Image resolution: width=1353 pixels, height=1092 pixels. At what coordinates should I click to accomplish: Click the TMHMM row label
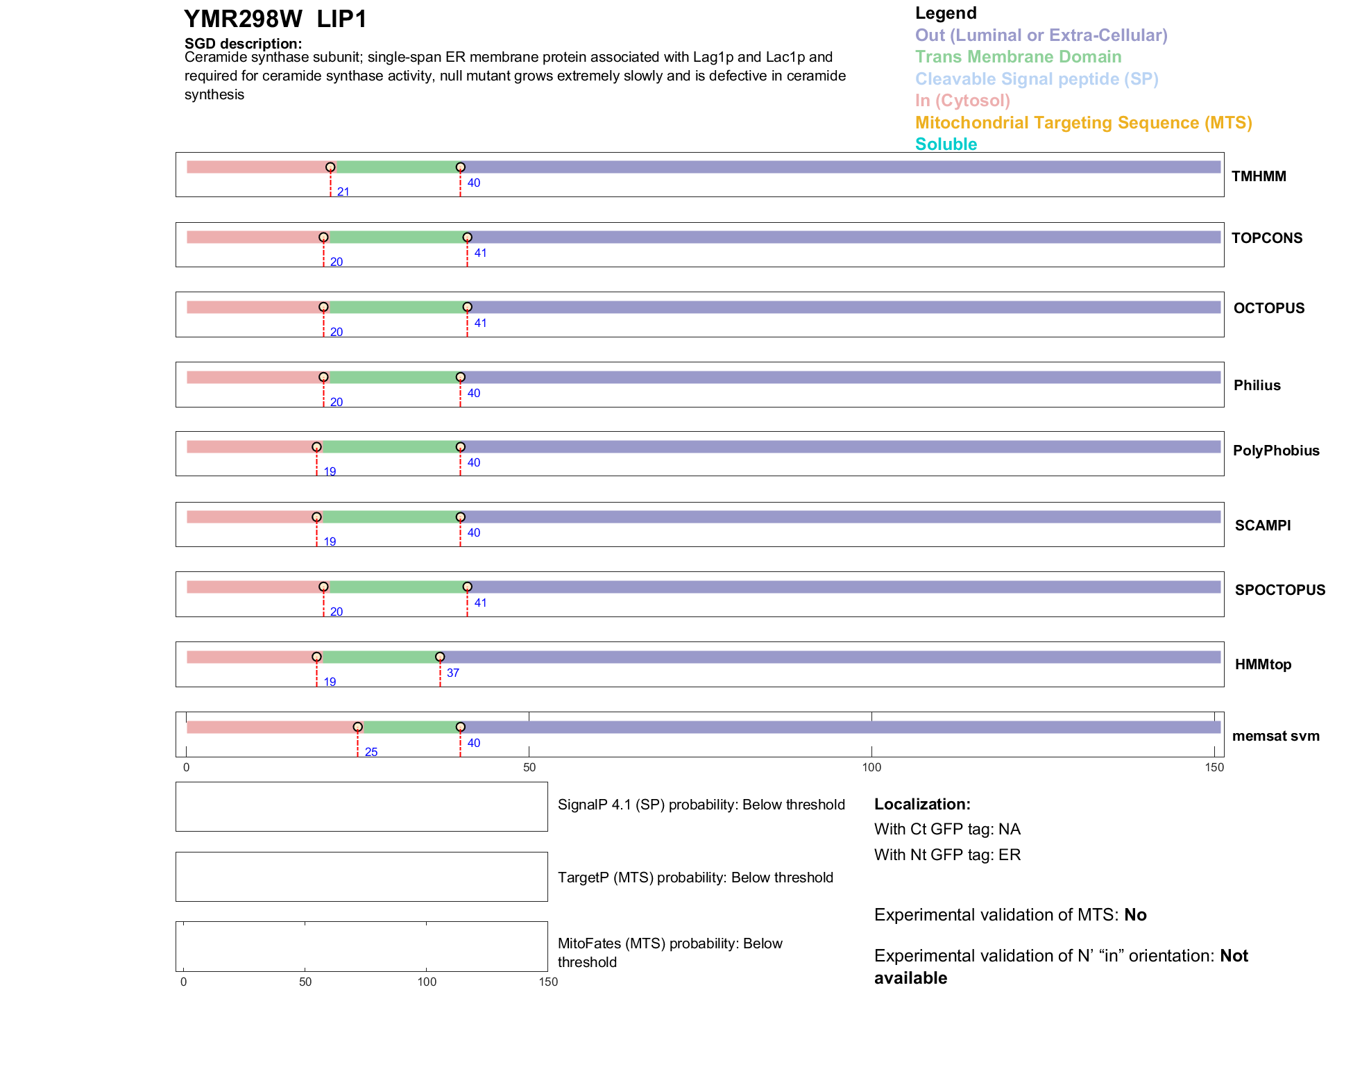(x=1258, y=176)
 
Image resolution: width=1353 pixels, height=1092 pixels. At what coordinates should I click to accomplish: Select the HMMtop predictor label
(x=1263, y=664)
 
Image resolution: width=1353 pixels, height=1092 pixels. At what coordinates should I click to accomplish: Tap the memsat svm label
(x=1275, y=736)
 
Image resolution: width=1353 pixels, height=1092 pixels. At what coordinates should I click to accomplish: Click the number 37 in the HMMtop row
(x=453, y=673)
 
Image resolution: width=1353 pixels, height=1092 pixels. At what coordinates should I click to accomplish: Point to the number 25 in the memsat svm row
(x=371, y=752)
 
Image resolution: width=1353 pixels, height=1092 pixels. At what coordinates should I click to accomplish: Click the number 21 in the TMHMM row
(x=343, y=192)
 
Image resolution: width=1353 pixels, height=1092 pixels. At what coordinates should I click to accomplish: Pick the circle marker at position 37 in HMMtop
(x=440, y=657)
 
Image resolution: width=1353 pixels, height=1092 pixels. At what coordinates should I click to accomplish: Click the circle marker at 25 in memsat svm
(x=357, y=727)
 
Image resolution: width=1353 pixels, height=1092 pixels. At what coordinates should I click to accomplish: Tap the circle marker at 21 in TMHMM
(x=330, y=167)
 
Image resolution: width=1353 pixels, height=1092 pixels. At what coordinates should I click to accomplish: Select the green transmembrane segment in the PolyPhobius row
(x=389, y=447)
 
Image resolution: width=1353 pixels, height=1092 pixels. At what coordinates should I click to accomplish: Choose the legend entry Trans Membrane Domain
(x=1018, y=57)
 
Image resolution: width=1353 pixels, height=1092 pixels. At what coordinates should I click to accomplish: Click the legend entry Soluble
(x=946, y=144)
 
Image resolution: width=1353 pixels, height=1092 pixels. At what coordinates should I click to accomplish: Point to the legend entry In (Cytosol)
(x=962, y=101)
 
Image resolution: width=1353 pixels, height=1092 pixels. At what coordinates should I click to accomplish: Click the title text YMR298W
(x=243, y=19)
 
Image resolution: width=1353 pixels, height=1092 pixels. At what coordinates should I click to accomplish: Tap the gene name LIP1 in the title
(x=341, y=19)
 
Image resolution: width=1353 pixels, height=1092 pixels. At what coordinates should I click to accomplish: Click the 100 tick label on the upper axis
(x=871, y=767)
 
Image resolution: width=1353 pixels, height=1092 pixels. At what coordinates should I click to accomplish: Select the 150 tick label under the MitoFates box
(x=548, y=982)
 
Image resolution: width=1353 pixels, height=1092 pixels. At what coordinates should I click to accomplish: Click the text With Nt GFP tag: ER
(x=947, y=855)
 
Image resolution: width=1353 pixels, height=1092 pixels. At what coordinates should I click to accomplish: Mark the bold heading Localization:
(x=922, y=804)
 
